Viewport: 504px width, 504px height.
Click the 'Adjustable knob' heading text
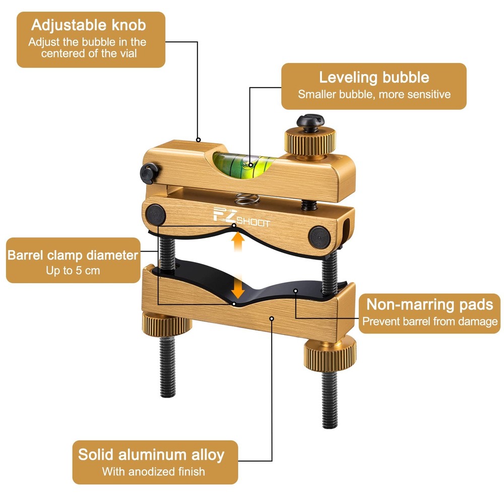(90, 25)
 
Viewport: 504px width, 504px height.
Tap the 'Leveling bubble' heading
(374, 77)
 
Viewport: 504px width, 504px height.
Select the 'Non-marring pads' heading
(429, 304)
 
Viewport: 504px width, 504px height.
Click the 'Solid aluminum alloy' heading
(151, 454)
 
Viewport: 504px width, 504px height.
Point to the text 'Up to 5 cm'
(73, 271)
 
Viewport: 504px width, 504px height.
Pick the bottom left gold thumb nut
(167, 327)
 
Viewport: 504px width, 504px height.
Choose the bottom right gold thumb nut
(330, 348)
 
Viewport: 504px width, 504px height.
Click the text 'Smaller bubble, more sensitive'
(374, 94)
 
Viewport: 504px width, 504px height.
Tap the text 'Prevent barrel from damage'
(430, 322)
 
